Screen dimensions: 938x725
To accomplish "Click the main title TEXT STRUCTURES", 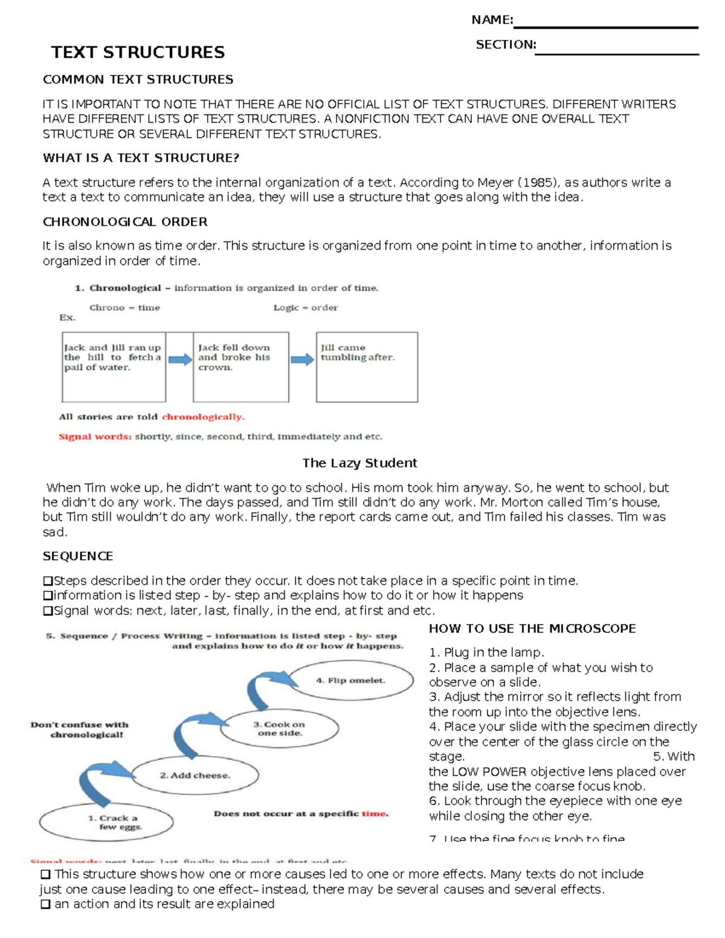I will pos(138,53).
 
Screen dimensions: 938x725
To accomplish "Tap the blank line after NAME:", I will pos(605,27).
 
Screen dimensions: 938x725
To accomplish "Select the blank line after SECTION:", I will pos(617,53).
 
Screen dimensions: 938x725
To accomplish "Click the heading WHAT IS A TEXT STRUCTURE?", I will pos(141,158).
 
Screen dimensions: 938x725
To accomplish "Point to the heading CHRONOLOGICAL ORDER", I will pos(125,222).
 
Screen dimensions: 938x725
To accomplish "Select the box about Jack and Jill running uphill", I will pos(114,367).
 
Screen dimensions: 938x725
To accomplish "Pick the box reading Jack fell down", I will pos(240,367).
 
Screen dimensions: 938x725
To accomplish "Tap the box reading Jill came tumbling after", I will pos(367,367).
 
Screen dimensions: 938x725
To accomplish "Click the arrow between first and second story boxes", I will pos(179,360).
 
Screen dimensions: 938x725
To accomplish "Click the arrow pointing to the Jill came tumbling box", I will pos(302,360).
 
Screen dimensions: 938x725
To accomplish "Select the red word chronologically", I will pos(203,417).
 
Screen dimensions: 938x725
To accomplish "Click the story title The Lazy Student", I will pos(359,463).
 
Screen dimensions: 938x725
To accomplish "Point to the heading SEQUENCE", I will pos(78,556).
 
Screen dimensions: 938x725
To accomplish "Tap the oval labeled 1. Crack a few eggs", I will pos(106,822).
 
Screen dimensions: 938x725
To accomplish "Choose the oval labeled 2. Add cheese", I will pos(195,776).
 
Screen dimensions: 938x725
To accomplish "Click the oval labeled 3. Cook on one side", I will pos(279,728).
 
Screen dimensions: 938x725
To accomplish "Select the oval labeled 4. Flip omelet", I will pos(350,681).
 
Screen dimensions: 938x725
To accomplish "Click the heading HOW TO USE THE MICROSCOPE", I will pos(532,629).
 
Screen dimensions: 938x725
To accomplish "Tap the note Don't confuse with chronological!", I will pos(80,730).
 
